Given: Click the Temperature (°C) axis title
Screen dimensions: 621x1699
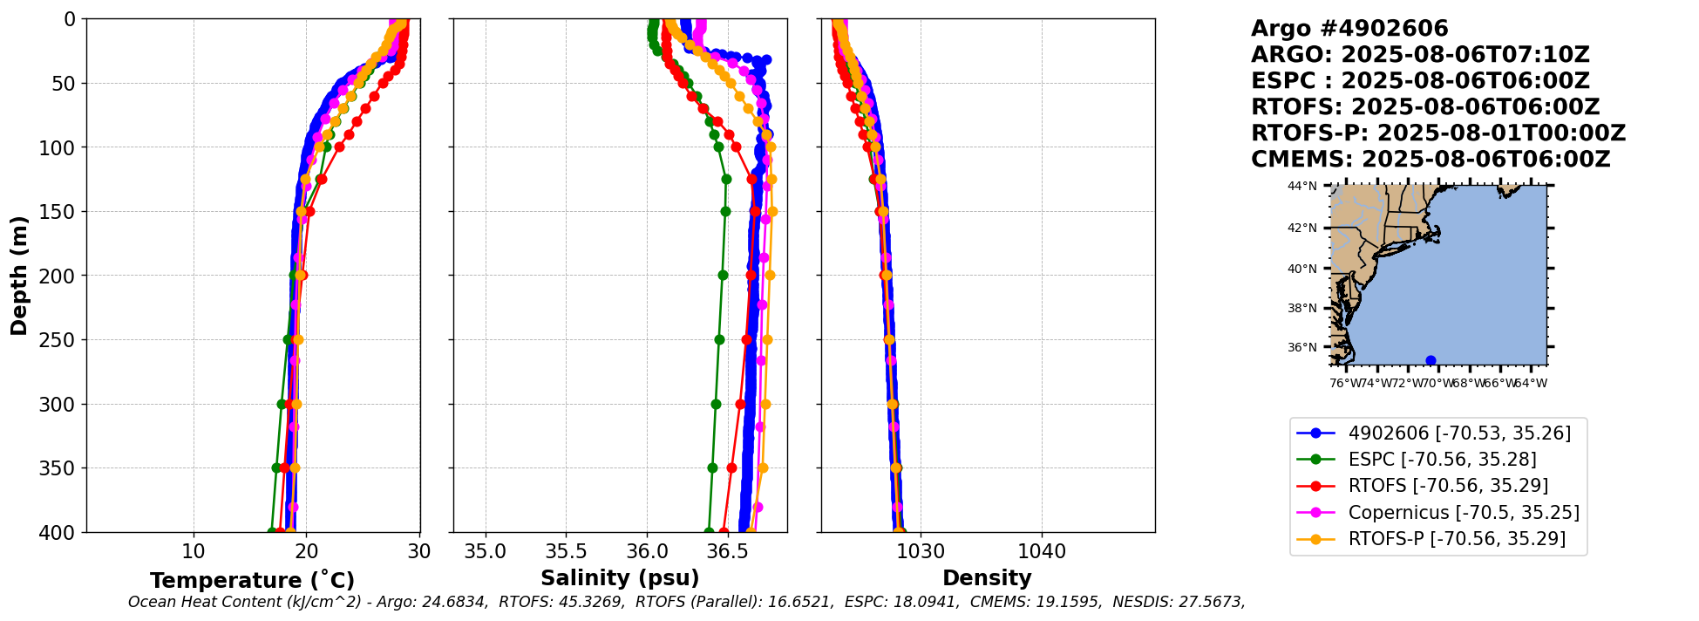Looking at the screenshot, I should click(252, 581).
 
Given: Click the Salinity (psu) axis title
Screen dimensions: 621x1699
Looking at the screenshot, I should click(620, 578).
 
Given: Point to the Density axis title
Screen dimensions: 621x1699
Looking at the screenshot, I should click(987, 578).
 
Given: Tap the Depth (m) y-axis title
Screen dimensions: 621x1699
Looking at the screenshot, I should click(19, 276).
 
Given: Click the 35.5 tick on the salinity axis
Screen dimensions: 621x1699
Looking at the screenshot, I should click(566, 551).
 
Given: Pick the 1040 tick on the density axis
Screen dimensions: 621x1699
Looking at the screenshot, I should click(1042, 551).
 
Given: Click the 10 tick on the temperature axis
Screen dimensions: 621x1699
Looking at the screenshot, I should click(194, 551).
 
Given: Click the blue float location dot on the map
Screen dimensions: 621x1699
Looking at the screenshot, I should click(1431, 360).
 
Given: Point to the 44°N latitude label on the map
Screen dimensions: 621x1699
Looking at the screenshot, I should click(1302, 186).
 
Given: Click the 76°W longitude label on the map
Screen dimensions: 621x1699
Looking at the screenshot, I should click(1346, 383).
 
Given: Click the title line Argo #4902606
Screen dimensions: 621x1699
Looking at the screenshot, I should click(1349, 29).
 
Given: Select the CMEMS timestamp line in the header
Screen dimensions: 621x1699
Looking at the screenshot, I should click(1431, 160).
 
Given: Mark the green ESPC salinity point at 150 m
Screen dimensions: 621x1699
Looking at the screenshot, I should click(725, 211).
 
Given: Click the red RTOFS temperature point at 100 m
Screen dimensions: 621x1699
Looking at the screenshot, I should click(339, 147).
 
